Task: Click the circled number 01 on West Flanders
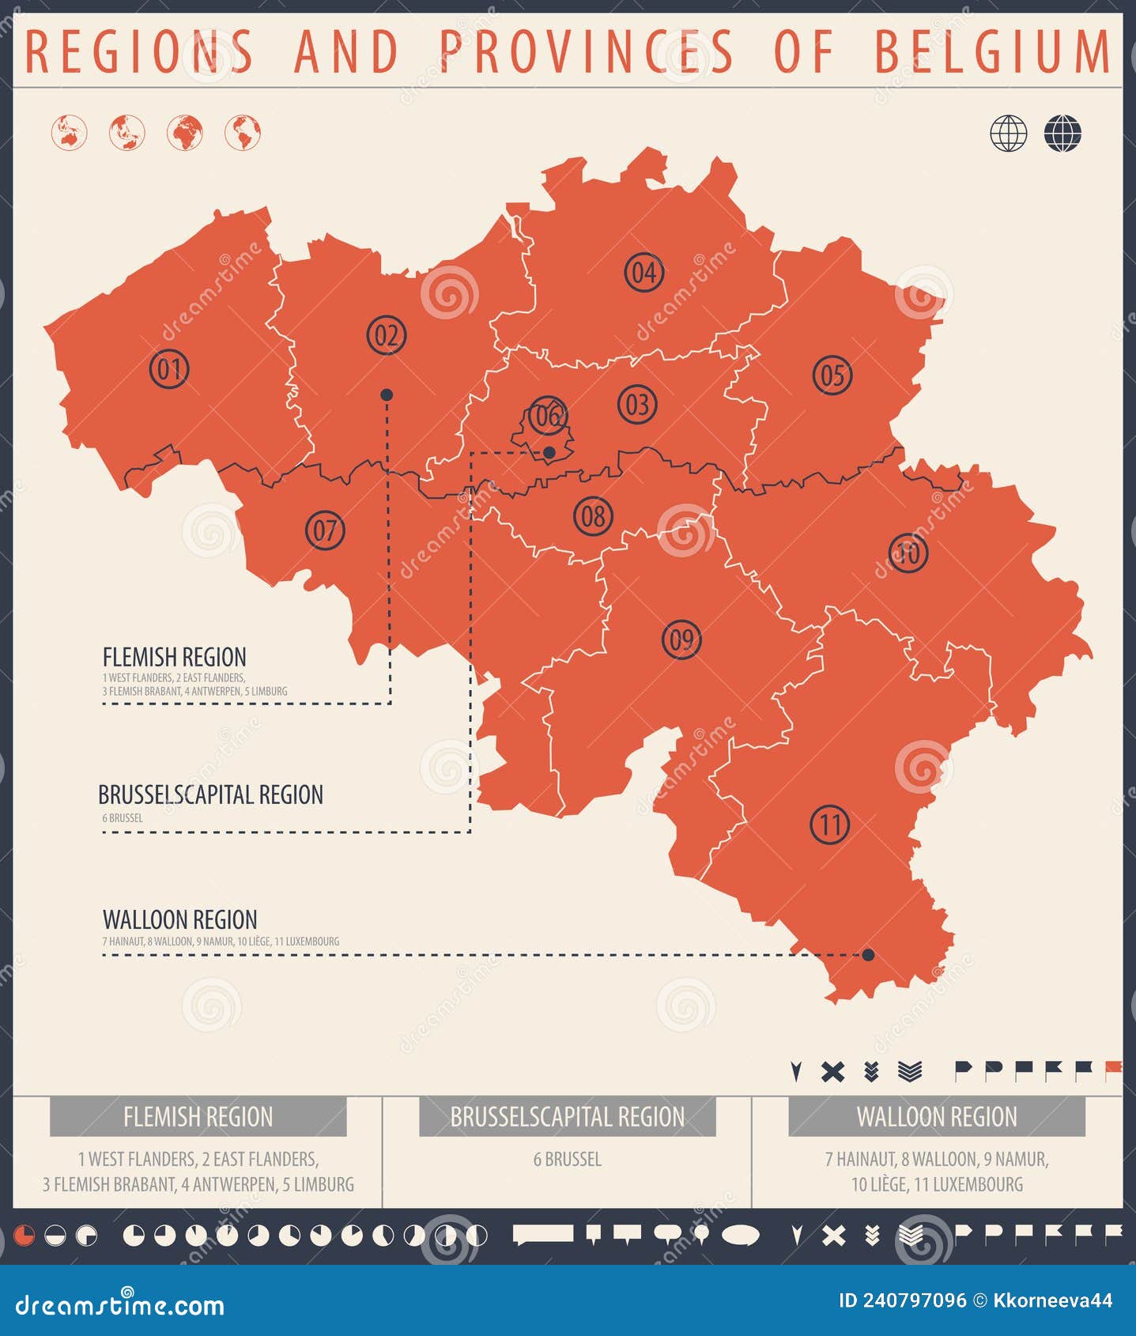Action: (x=169, y=368)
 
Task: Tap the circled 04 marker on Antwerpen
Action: (x=643, y=272)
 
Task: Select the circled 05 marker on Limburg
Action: (x=832, y=375)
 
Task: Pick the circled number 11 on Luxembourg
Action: (x=829, y=825)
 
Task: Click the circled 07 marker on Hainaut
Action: (x=325, y=530)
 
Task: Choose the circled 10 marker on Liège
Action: (x=908, y=553)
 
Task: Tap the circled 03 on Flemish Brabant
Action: (x=637, y=405)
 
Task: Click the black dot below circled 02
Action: (x=387, y=394)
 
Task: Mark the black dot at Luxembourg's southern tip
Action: (x=868, y=955)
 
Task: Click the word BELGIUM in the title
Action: (x=993, y=51)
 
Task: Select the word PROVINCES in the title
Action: (x=587, y=51)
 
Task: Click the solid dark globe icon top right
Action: (x=1062, y=133)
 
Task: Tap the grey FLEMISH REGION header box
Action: (x=198, y=1116)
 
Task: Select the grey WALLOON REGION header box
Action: (x=936, y=1116)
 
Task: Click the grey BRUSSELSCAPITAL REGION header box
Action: (x=567, y=1116)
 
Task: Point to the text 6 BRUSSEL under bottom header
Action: (x=567, y=1159)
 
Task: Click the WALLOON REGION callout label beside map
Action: (x=179, y=919)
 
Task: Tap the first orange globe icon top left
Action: (x=69, y=133)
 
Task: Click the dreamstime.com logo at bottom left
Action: (x=119, y=1305)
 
